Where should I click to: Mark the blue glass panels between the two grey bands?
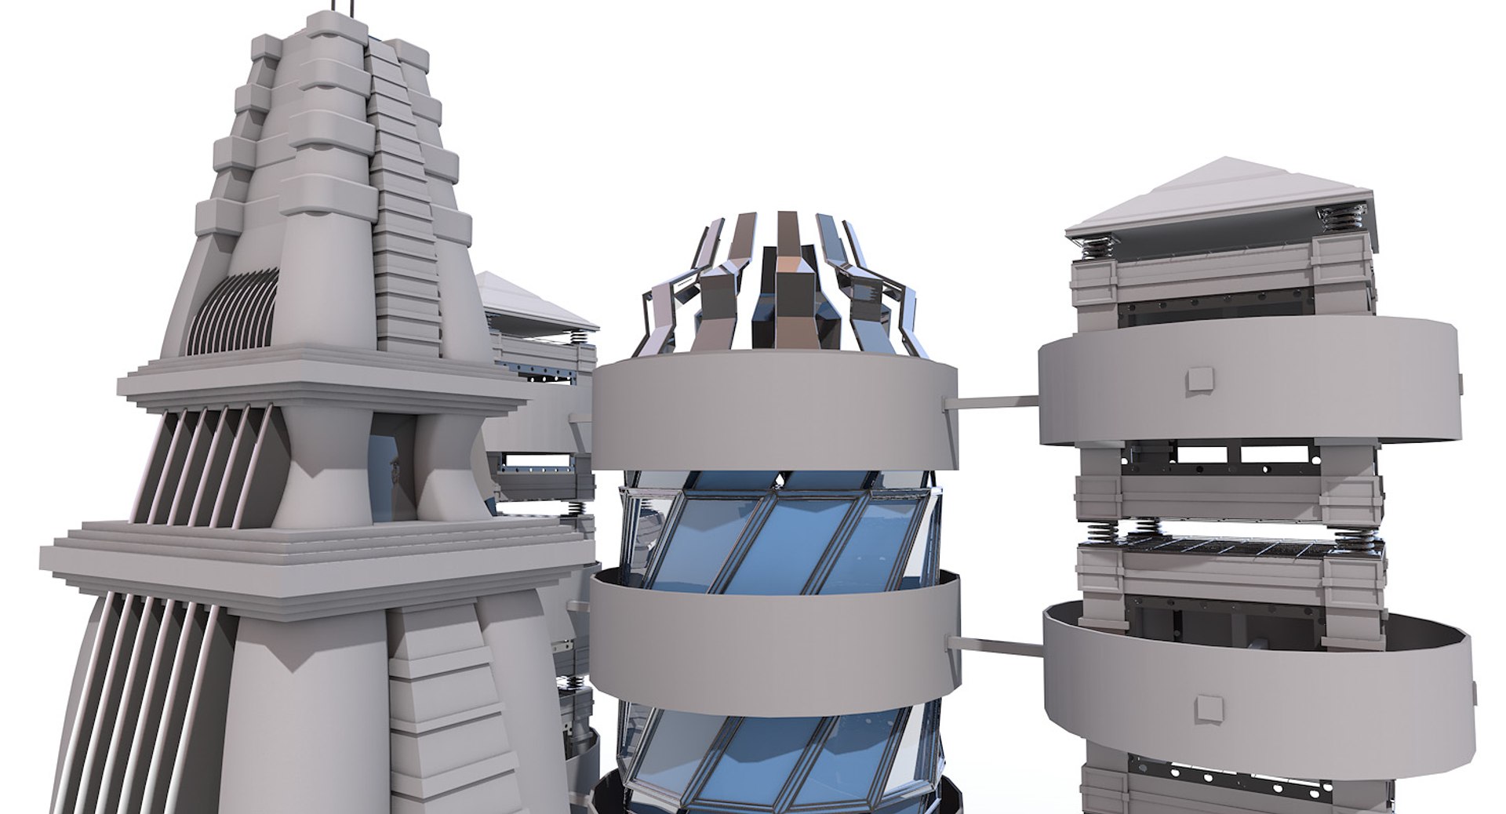click(x=777, y=533)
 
